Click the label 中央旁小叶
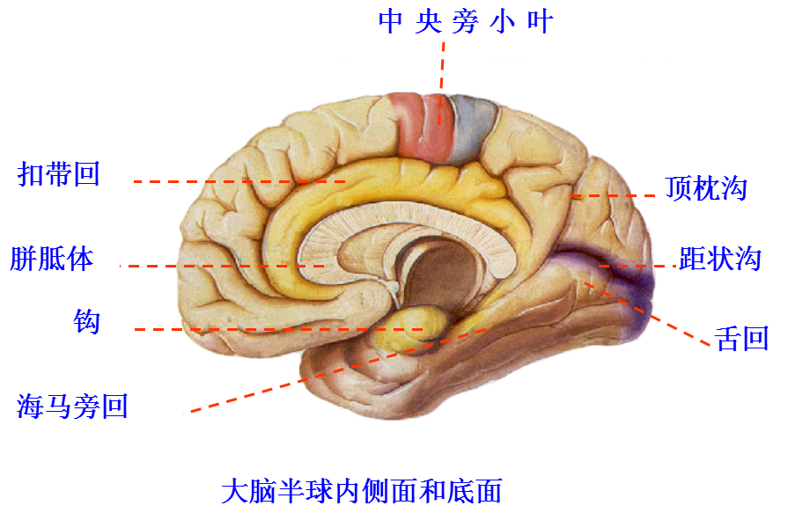tap(466, 21)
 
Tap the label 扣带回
tap(59, 173)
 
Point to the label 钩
tap(87, 322)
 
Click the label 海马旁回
tap(73, 406)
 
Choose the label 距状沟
tap(720, 259)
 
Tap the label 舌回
tap(743, 338)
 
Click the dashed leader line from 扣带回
tap(238, 182)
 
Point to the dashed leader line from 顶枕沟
tap(616, 194)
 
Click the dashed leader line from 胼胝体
tap(220, 266)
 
